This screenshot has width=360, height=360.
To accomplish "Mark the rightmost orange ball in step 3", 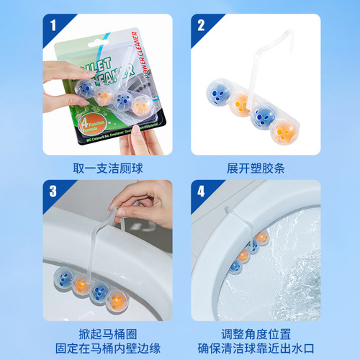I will click(119, 301).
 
